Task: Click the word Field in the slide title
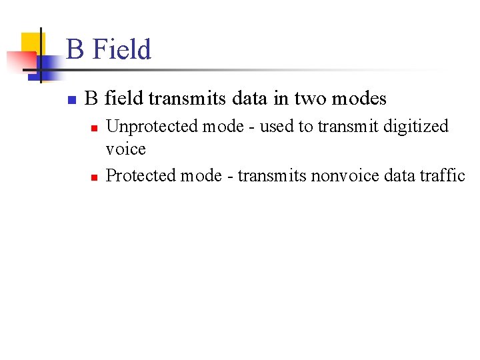coord(122,50)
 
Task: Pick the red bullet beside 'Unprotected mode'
coord(95,127)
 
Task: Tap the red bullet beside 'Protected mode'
coord(95,177)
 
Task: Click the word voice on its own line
coord(126,149)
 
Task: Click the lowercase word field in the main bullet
coord(124,99)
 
